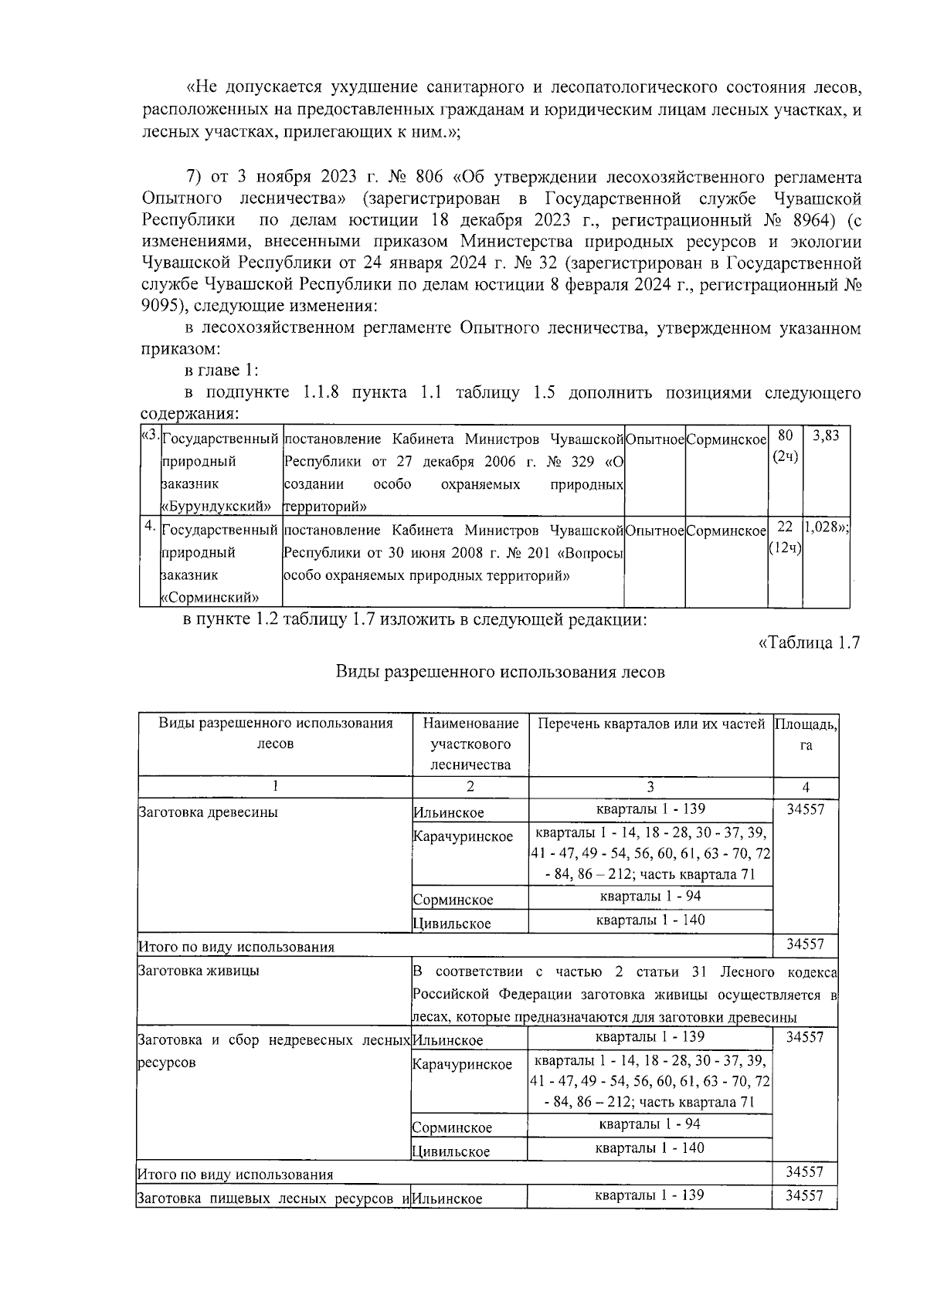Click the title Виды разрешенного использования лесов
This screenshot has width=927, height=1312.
coord(500,672)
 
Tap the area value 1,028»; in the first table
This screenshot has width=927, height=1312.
coord(826,527)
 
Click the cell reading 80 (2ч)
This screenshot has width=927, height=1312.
coord(785,446)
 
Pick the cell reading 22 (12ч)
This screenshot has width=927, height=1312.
coord(785,537)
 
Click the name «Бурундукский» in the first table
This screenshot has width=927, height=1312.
coord(216,507)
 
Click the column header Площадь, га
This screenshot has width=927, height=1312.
coord(806,734)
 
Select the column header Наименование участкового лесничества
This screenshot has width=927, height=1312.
coord(470,744)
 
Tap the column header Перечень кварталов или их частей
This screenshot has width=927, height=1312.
coord(650,724)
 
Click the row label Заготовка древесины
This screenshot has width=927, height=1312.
coord(208,812)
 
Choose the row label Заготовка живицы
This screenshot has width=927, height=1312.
coord(199,971)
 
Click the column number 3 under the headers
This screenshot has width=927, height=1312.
coord(650,787)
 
